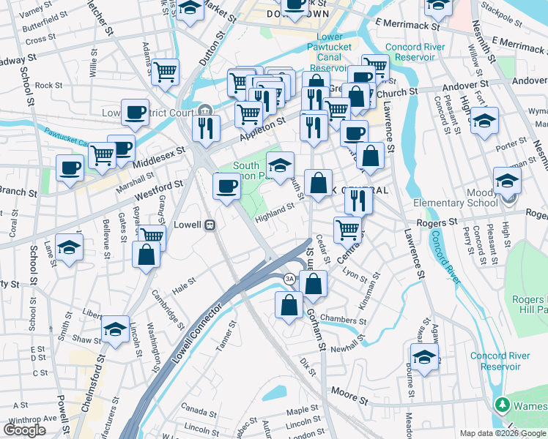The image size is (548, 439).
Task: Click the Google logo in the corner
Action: [25, 430]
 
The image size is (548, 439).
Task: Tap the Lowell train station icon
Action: [210, 225]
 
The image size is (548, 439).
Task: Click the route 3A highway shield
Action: [289, 279]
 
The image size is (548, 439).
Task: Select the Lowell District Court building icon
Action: [204, 111]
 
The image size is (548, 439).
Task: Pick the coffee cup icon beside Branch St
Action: [70, 169]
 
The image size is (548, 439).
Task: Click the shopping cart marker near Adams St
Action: [166, 72]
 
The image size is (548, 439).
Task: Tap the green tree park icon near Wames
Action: [502, 405]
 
